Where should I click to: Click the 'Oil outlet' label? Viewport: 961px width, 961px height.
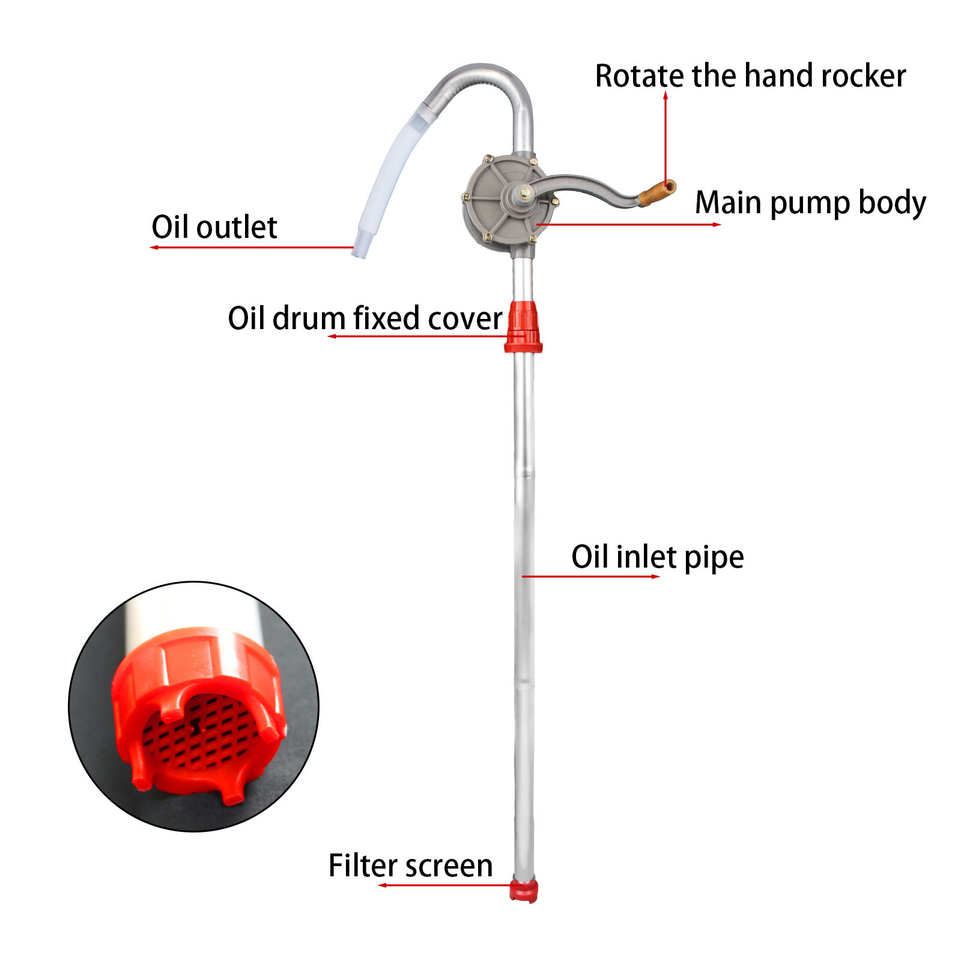[214, 227]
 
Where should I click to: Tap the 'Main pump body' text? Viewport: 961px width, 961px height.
[810, 202]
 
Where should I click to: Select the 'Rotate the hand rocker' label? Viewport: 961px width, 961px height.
[750, 76]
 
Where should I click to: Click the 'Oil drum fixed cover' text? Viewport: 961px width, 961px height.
[365, 318]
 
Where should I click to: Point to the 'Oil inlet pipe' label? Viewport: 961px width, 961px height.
[657, 557]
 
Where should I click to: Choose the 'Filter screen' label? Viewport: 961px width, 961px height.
[410, 866]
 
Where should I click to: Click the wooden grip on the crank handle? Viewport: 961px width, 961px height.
[656, 192]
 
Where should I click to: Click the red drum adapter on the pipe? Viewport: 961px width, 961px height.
[523, 326]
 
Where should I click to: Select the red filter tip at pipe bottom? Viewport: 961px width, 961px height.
[524, 891]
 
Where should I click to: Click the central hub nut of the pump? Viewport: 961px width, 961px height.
[524, 193]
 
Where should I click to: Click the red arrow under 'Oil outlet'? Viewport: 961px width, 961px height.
[252, 247]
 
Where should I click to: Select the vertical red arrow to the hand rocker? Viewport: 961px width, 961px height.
[665, 138]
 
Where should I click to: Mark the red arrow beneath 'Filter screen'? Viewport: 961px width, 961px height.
[444, 885]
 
